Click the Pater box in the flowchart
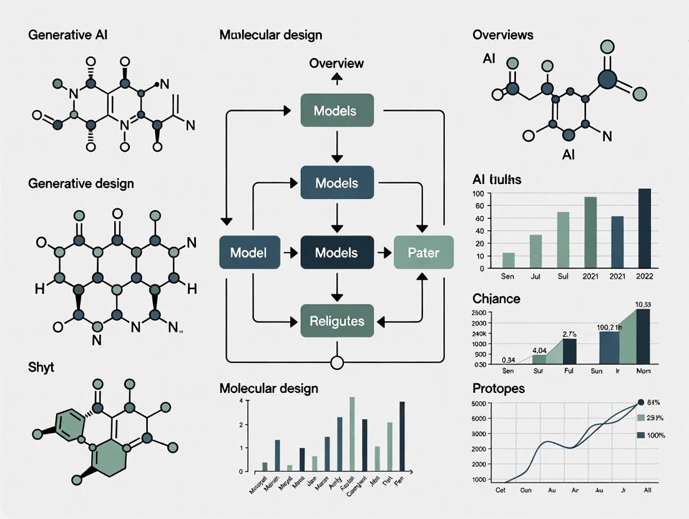pos(424,253)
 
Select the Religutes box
pos(336,322)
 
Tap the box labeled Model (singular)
pos(248,253)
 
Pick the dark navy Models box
pos(336,253)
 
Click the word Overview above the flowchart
pos(336,63)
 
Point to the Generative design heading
pos(81,183)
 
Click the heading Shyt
pos(41,367)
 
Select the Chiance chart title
pos(496,298)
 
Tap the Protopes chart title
pos(499,388)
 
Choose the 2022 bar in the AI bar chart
pos(645,228)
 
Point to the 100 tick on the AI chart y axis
pos(479,193)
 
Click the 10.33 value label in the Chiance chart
pos(642,304)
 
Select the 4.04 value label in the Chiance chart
pos(539,350)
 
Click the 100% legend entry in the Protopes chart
pos(655,435)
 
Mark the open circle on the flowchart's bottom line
pos(337,362)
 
